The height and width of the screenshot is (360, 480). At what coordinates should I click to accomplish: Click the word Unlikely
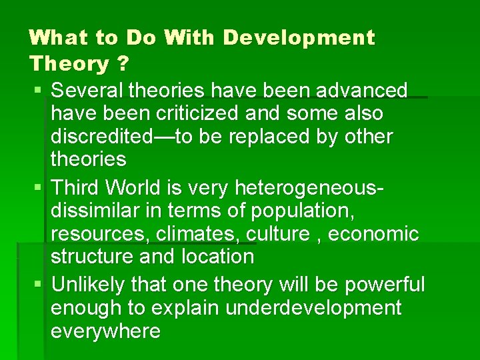pyautogui.click(x=88, y=285)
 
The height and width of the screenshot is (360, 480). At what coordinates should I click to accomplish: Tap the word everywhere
pyautogui.click(x=105, y=331)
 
